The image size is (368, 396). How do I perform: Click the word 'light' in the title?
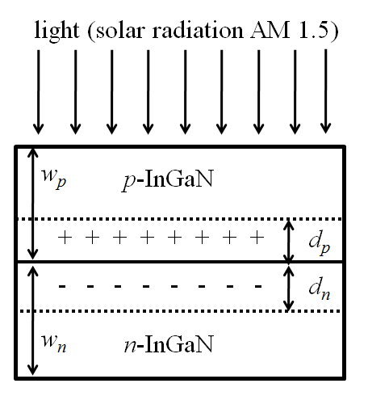point(56,30)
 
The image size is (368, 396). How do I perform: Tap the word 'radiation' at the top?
point(198,30)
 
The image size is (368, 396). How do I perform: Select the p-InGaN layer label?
point(168,179)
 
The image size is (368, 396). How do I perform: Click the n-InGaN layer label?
point(169,344)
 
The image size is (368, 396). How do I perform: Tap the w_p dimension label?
point(54,179)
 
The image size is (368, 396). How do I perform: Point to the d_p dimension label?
point(320,244)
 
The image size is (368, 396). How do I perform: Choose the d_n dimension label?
point(320,290)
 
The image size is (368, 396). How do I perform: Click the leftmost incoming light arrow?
point(38,92)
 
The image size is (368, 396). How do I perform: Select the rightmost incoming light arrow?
point(326,91)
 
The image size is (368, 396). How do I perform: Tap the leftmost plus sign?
point(65,238)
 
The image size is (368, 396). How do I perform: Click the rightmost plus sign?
point(257,238)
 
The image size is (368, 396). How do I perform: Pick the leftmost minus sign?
point(62,286)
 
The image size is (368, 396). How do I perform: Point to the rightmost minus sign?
point(258,286)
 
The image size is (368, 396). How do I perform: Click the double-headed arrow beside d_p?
point(289,241)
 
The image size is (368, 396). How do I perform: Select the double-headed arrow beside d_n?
point(289,289)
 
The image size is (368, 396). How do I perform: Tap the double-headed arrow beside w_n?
point(32,320)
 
